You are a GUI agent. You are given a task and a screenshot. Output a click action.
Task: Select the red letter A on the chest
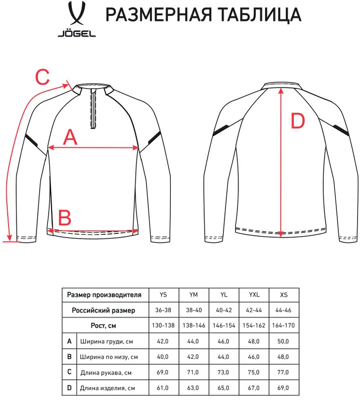click(x=70, y=137)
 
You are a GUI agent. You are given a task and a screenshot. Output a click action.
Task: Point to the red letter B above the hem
click(x=65, y=217)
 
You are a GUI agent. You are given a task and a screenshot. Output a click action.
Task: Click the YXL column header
click(x=254, y=295)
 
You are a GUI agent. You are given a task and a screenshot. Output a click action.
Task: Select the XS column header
click(x=284, y=295)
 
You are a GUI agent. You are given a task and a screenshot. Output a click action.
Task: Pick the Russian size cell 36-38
click(x=163, y=310)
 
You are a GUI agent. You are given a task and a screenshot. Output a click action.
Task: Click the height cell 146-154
click(x=224, y=326)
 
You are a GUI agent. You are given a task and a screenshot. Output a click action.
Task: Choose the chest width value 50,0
click(x=283, y=342)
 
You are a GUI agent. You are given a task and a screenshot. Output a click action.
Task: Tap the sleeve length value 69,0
click(x=163, y=372)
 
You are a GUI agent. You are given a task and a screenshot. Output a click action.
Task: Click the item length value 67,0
click(x=254, y=388)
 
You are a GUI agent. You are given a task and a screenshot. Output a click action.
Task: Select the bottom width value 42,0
click(x=193, y=357)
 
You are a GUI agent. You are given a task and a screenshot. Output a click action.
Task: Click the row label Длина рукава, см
click(x=106, y=372)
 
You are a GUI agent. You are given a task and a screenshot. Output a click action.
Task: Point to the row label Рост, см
click(x=103, y=326)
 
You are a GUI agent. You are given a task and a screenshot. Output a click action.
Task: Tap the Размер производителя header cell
click(x=104, y=295)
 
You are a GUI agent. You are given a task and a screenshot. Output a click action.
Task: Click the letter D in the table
click(x=69, y=388)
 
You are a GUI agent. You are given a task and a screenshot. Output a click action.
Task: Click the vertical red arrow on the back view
click(x=281, y=162)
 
